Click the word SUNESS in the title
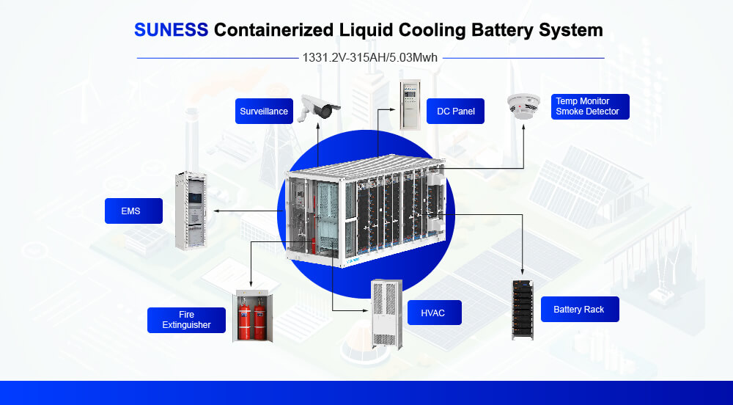coord(172,30)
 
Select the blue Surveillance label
coord(264,112)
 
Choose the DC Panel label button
coord(455,112)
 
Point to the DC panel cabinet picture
coord(410,103)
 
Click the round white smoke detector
coord(523,106)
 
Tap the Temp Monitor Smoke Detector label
coord(590,106)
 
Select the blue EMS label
coord(131,211)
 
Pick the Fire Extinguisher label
coord(186,320)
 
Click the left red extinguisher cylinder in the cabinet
coord(243,320)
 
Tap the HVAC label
coord(435,313)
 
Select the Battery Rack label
coord(579,310)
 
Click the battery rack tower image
coord(522,309)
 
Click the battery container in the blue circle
coord(366,211)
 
